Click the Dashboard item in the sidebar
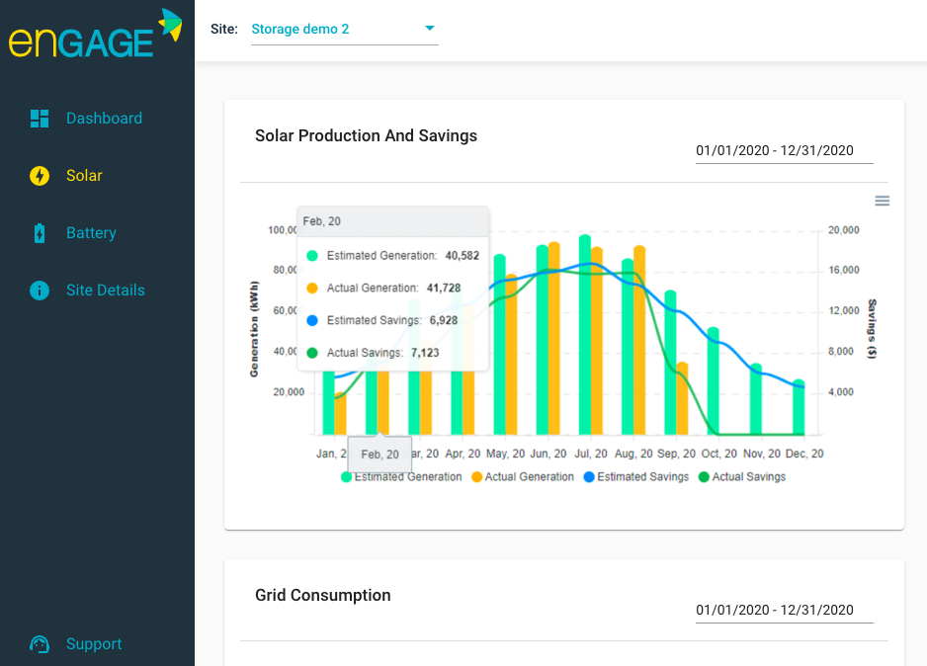[104, 119]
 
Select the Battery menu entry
[91, 233]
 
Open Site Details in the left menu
[105, 291]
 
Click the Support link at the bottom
[94, 644]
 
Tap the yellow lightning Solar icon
[40, 176]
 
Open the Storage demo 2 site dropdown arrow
[430, 29]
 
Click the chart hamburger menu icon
[883, 201]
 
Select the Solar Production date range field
[774, 151]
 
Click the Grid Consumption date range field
[774, 610]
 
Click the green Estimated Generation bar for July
[585, 336]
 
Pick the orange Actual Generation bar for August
[639, 341]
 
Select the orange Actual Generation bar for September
[682, 398]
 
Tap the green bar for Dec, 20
[799, 408]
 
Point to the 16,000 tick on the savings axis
[842, 270]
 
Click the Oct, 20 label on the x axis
[718, 454]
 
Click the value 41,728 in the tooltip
[462, 288]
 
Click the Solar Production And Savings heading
[366, 136]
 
